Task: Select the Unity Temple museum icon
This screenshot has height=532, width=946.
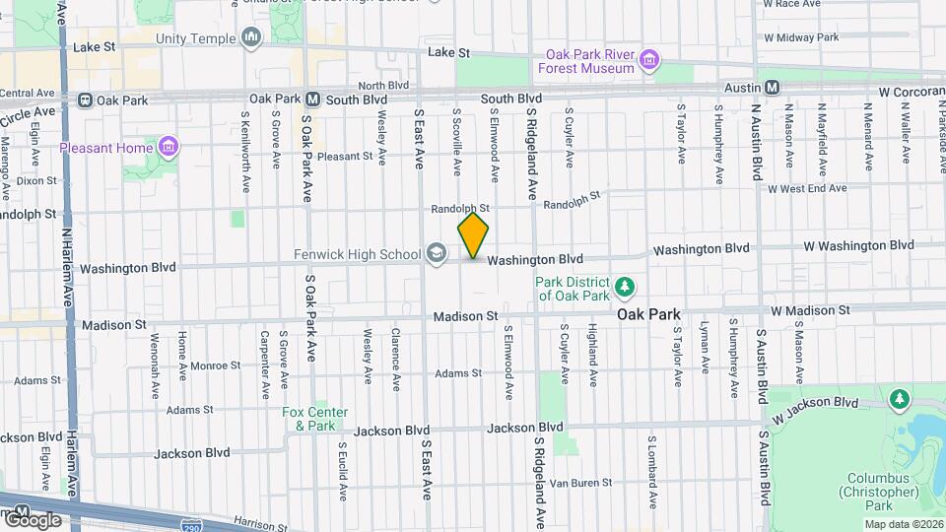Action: (251, 38)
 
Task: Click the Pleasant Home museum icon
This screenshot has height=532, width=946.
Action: (169, 148)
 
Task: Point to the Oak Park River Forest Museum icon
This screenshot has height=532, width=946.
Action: (649, 60)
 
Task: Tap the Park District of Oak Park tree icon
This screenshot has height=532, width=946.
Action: (624, 287)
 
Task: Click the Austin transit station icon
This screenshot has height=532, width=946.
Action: (773, 88)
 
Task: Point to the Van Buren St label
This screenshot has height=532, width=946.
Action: (580, 483)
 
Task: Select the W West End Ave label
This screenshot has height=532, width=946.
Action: (807, 188)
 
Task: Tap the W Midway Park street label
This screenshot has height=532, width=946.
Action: (801, 37)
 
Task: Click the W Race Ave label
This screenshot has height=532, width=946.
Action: (799, 4)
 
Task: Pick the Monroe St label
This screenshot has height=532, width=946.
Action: (209, 366)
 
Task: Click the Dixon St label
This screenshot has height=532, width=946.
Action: (36, 180)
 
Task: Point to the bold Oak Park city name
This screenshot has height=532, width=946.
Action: (649, 314)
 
